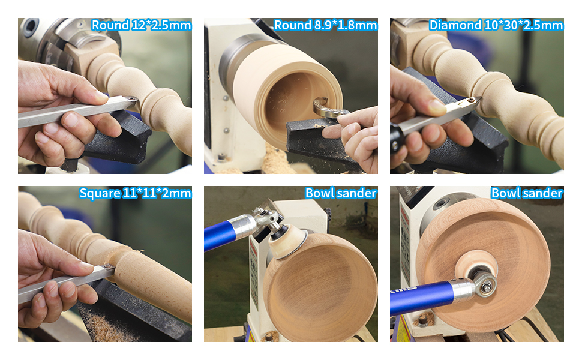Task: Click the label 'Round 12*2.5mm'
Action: (x=141, y=25)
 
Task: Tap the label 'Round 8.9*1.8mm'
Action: (x=325, y=25)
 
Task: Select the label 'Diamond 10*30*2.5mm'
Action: (x=496, y=25)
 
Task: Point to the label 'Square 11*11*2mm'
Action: (x=135, y=193)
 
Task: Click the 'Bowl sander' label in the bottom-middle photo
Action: (x=341, y=193)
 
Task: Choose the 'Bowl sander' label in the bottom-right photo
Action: (x=527, y=193)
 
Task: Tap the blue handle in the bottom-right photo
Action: (x=420, y=297)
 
